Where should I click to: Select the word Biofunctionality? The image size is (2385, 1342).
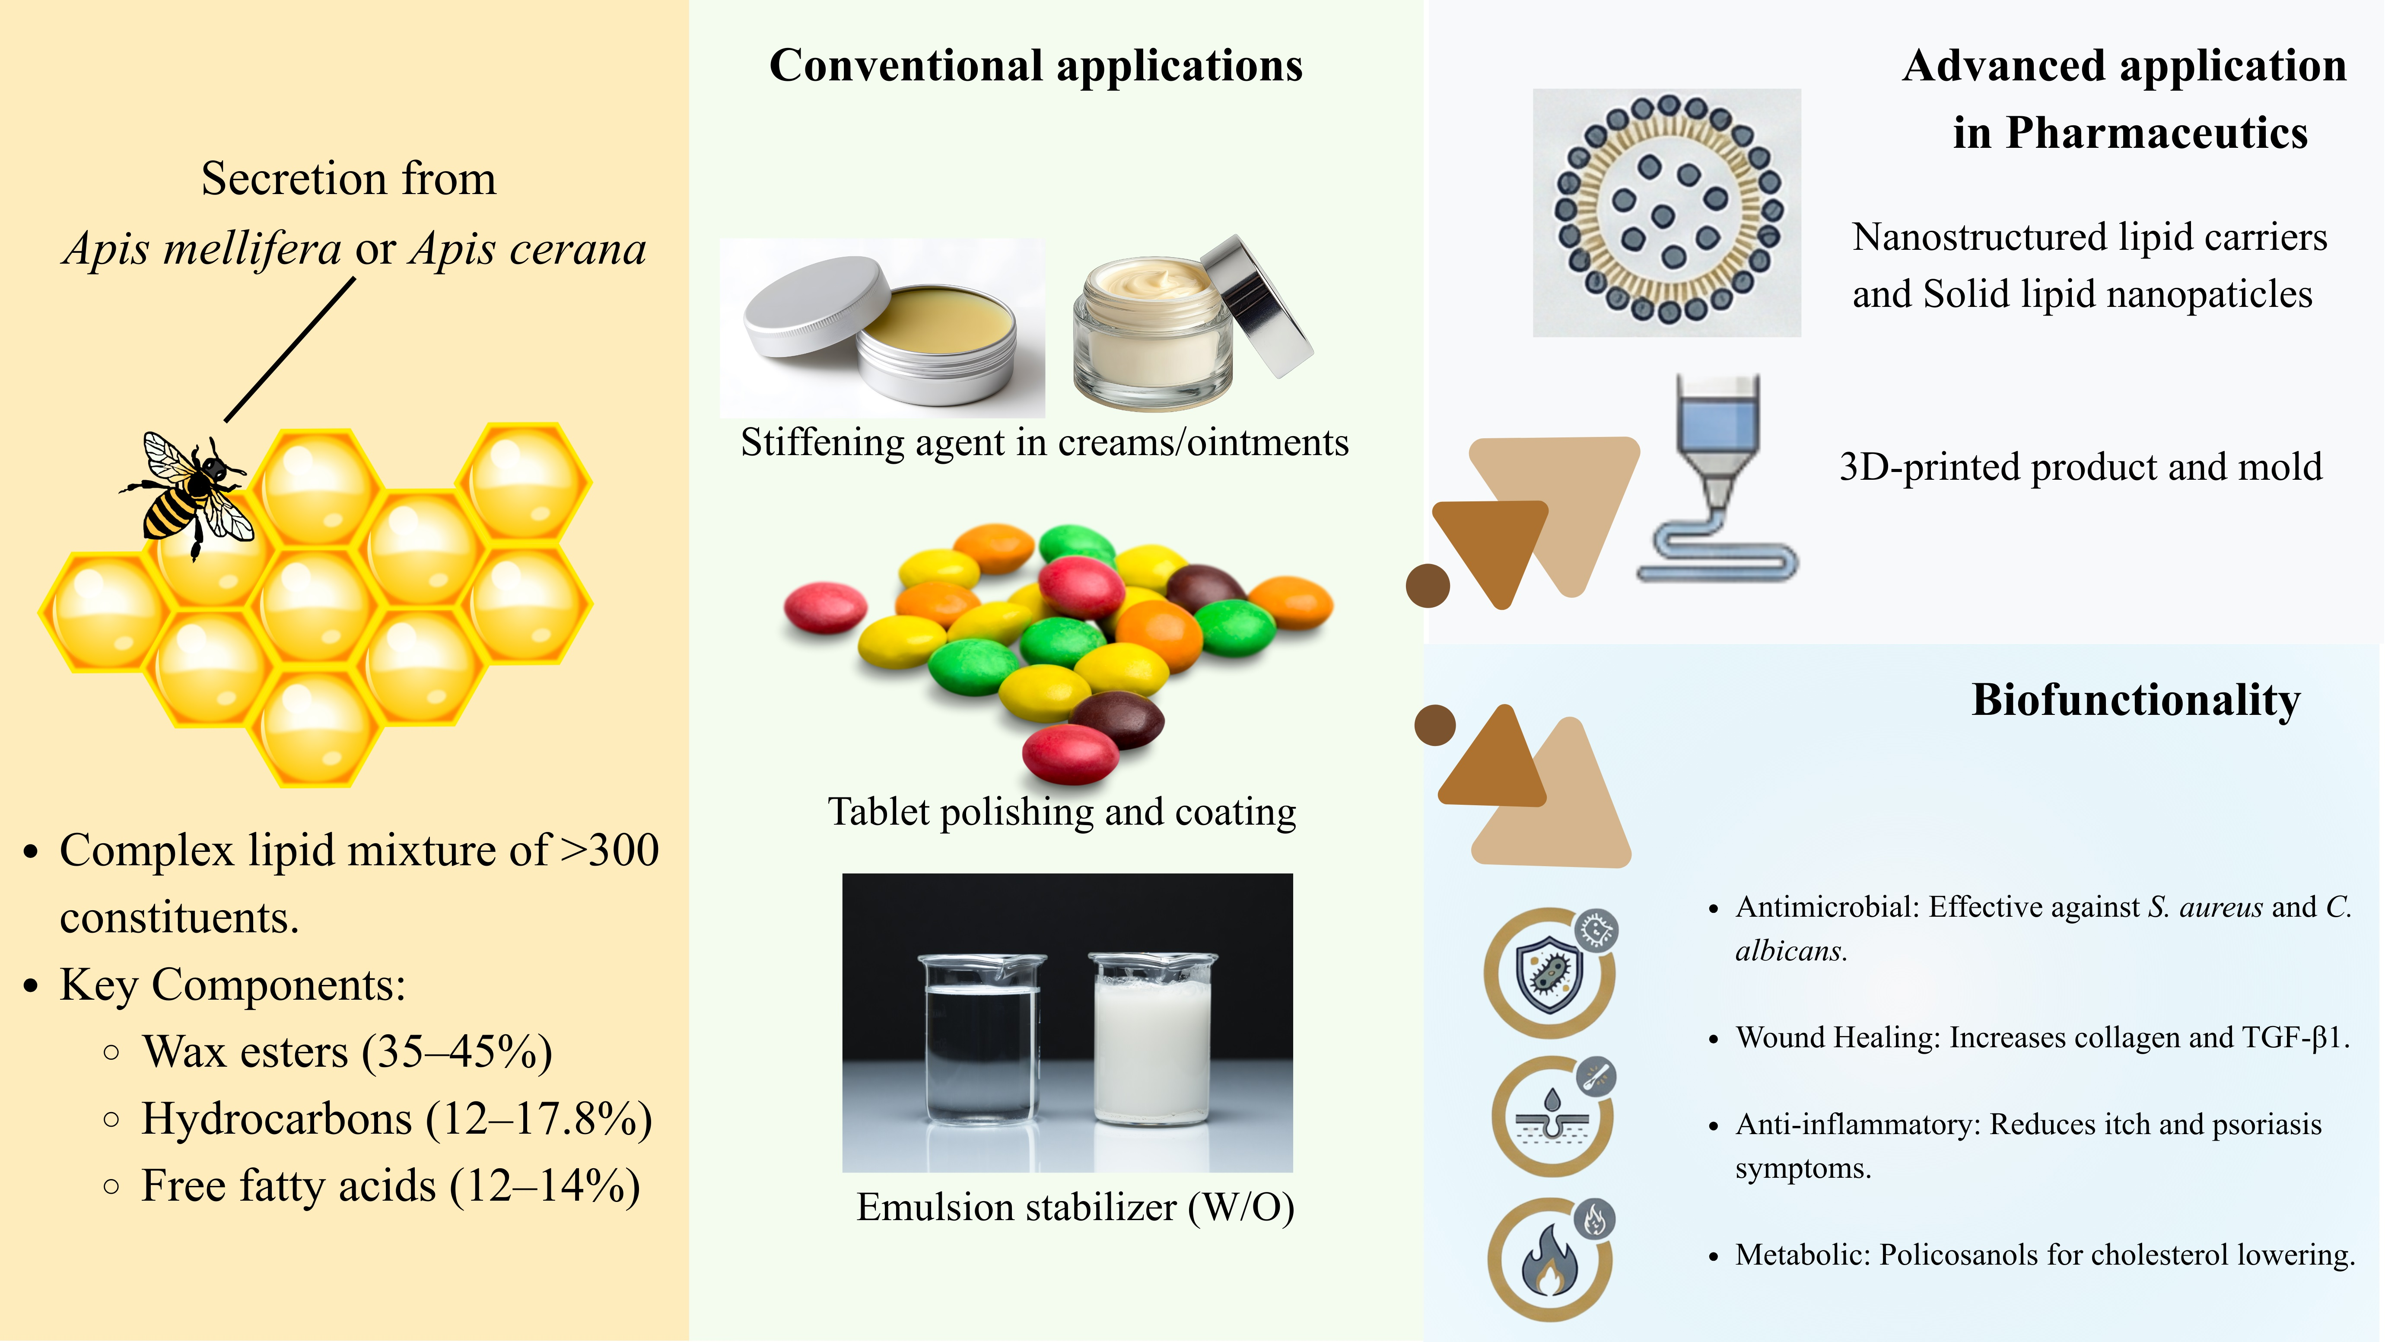[x=2135, y=700]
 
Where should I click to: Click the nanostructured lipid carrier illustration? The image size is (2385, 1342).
[x=1666, y=211]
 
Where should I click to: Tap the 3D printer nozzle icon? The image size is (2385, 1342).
[x=1717, y=472]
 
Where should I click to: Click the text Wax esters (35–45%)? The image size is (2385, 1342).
[x=347, y=1052]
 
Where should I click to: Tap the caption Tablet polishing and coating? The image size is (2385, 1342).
[x=1061, y=812]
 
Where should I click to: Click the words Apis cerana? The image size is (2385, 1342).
[x=528, y=248]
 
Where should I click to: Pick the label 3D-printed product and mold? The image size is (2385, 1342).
[x=2080, y=467]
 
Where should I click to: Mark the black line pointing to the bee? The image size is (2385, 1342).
[x=290, y=350]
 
